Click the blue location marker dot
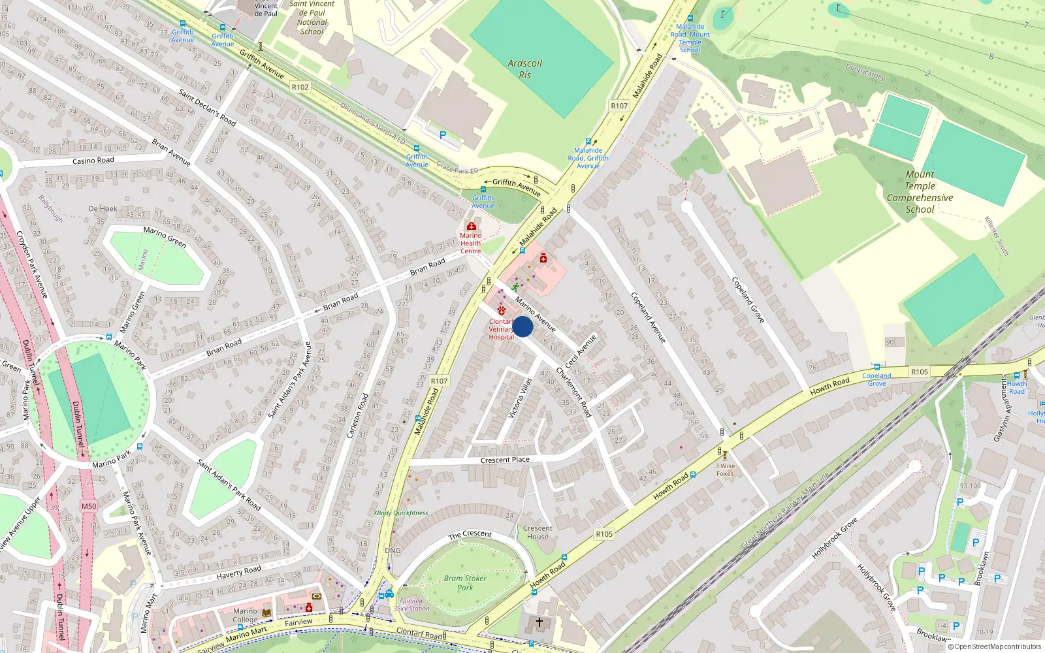coord(522,326)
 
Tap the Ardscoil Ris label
coord(525,69)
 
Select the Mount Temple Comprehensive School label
coord(920,192)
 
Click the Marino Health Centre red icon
coord(471,227)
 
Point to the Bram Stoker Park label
coord(465,582)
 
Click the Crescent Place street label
coord(505,460)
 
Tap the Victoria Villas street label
coord(521,398)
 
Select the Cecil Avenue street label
coord(581,351)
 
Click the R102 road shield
coord(300,87)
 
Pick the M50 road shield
coord(89,506)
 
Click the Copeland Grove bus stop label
coord(876,379)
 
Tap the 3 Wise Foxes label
coord(725,470)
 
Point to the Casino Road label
coord(93,161)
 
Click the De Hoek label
coord(103,209)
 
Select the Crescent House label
coord(538,532)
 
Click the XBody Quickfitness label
coord(400,513)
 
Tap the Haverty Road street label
coord(238,572)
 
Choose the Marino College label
coord(246,615)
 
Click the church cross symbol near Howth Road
coord(539,622)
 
